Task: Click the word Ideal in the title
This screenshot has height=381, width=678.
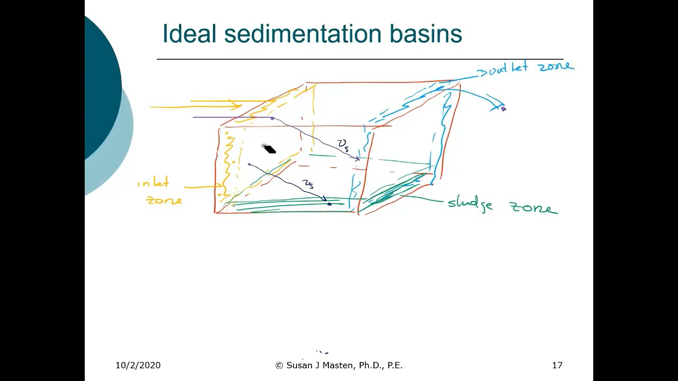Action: pyautogui.click(x=190, y=34)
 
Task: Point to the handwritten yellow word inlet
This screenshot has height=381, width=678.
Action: pyautogui.click(x=154, y=184)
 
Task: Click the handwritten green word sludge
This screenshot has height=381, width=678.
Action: pyautogui.click(x=470, y=204)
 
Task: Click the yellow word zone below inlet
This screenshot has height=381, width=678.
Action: pyautogui.click(x=164, y=201)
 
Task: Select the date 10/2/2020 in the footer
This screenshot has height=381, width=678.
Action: pyautogui.click(x=138, y=365)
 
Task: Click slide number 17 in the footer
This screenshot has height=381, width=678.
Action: pyautogui.click(x=557, y=365)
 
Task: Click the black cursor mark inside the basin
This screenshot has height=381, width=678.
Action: pyautogui.click(x=269, y=149)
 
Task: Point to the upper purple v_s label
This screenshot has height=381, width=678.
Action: pyautogui.click(x=343, y=144)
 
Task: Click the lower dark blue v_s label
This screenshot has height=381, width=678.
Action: pyautogui.click(x=308, y=184)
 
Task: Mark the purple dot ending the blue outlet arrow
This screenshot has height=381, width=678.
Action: pyautogui.click(x=503, y=109)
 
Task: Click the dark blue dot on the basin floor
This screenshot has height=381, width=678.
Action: pyautogui.click(x=329, y=204)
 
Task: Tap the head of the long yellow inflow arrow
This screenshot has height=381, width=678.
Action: pyautogui.click(x=237, y=104)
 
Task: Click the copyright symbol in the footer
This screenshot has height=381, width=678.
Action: pyautogui.click(x=279, y=365)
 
